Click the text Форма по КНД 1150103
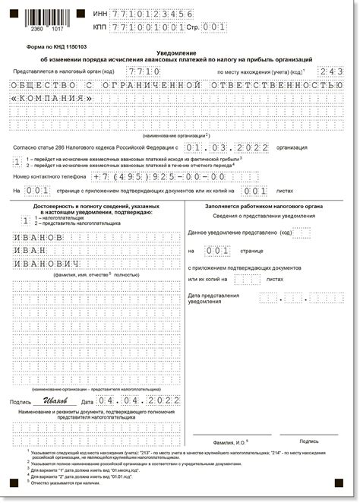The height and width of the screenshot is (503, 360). (x=53, y=46)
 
